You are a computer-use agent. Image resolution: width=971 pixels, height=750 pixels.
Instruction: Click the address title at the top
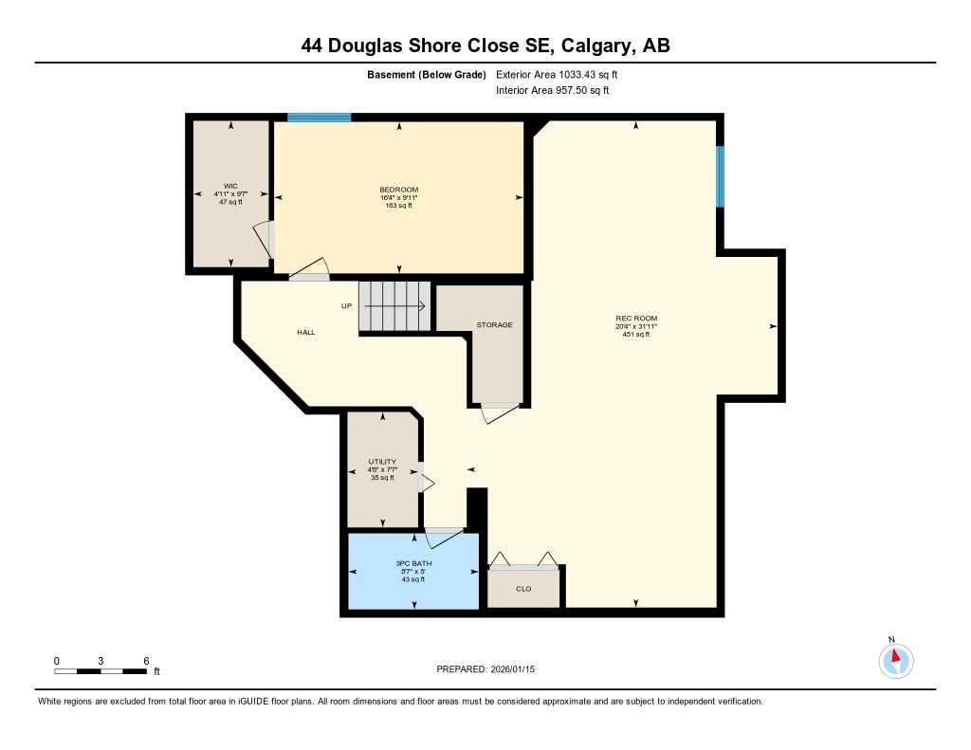pos(485,46)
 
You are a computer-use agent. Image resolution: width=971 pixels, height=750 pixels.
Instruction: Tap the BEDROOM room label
pos(398,190)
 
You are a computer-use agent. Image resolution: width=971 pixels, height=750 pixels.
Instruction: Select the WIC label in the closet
pos(230,186)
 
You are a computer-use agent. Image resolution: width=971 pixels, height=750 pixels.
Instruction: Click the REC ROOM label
pos(635,319)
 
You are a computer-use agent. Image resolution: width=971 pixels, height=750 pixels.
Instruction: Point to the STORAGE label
pos(494,325)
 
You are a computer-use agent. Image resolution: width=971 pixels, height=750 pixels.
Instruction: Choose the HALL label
pos(305,333)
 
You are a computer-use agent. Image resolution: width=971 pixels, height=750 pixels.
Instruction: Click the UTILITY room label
pos(382,462)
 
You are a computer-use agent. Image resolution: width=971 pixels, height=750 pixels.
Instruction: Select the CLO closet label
pos(523,589)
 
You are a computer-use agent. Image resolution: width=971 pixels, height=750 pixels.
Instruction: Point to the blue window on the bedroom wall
pos(320,118)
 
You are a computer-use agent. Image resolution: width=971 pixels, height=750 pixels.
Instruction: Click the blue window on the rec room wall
pos(720,176)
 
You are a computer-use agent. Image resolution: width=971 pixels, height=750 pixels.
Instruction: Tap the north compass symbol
pos(895,659)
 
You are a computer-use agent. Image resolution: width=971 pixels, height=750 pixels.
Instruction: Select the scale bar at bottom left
pos(101,671)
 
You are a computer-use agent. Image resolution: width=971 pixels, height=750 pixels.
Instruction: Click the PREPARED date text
pos(485,669)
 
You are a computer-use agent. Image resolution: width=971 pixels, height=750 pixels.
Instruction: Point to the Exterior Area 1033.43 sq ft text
pos(557,75)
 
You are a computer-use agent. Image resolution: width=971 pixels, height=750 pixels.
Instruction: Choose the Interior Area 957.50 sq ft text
pos(552,91)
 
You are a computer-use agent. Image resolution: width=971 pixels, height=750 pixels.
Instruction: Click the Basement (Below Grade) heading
pos(427,75)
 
